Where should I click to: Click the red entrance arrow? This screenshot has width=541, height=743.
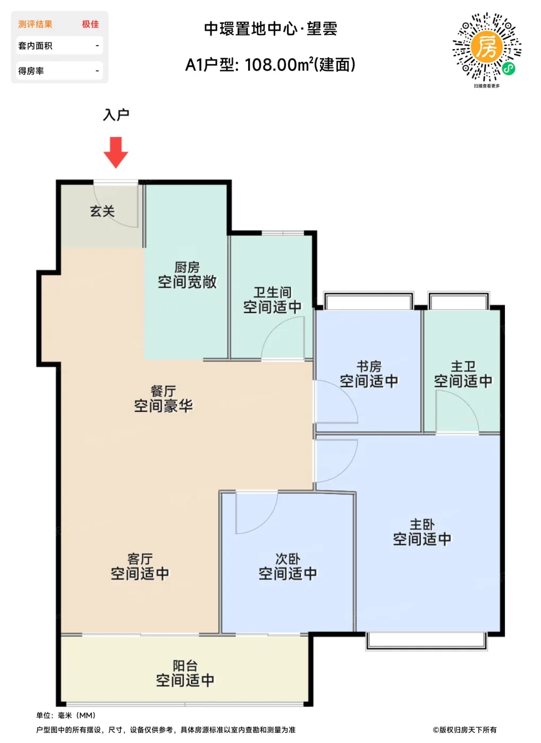pos(115,152)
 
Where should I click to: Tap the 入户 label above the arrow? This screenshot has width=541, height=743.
pos(116,115)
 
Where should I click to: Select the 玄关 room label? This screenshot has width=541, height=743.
pos(102,211)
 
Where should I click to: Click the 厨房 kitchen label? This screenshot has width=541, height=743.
pos(187,267)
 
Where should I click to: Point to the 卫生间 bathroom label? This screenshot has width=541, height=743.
pos(272,292)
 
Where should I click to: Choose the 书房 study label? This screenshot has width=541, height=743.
pos(369,367)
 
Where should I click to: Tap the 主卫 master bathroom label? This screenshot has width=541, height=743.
pos(463,367)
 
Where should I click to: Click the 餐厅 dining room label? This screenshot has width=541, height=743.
pos(163,391)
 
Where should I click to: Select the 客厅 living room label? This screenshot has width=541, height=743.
pos(140,559)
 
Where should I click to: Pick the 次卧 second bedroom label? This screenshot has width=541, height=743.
pos(288,559)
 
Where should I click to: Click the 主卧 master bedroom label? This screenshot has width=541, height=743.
pos(422,524)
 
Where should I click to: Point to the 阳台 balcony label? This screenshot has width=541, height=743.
pos(185,666)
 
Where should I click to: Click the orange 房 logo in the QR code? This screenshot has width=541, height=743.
pos(487,47)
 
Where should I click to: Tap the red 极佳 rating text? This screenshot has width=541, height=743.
pos(90,24)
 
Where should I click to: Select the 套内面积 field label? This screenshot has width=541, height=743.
pos(35,46)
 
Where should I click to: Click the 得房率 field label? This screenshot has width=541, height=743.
pos(31,71)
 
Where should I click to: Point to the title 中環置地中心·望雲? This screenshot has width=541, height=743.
pos(270,29)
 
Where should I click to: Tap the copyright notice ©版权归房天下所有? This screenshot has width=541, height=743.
pos(464,729)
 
